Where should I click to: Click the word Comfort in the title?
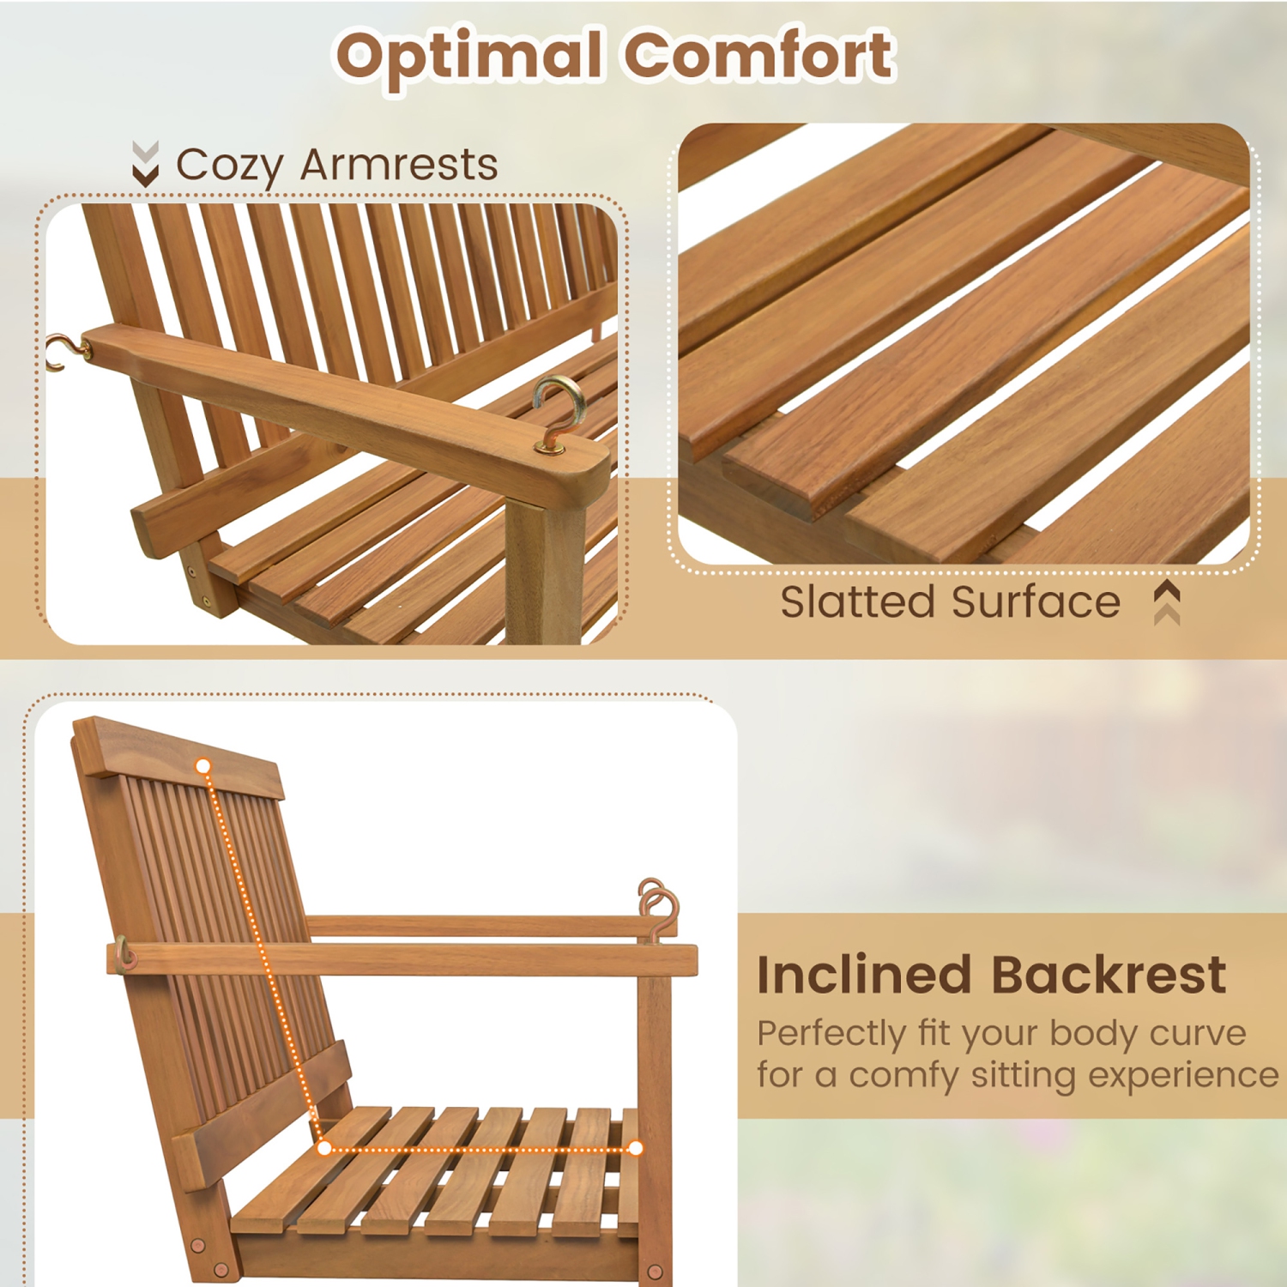[x=759, y=56]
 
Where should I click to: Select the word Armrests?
[x=399, y=164]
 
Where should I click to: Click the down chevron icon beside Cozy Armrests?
[x=146, y=164]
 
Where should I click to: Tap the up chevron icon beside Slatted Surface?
[x=1167, y=601]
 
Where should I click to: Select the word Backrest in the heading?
[x=1109, y=975]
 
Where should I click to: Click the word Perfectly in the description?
[x=831, y=1034]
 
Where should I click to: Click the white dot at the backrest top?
[x=203, y=766]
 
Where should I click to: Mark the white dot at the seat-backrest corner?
[x=324, y=1148]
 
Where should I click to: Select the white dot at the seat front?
[x=636, y=1148]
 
